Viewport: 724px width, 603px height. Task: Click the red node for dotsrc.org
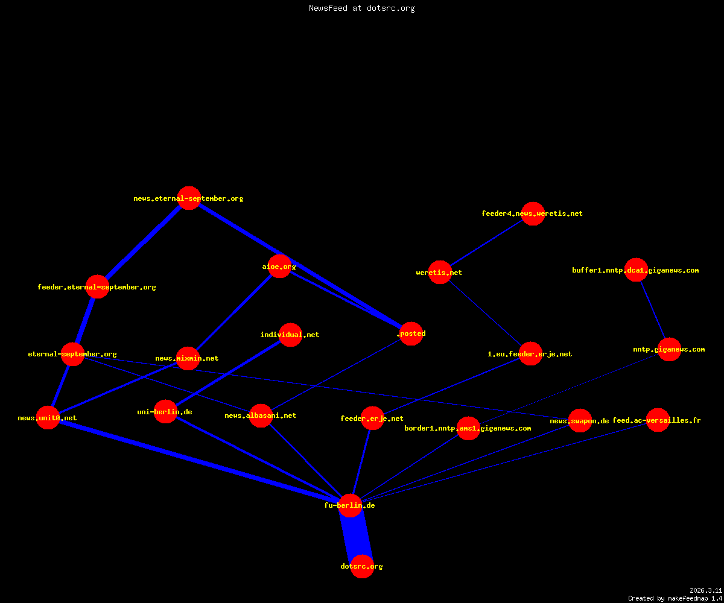pos(362,566)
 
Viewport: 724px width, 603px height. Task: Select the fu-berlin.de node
pos(350,506)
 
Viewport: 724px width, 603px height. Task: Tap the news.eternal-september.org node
pos(189,198)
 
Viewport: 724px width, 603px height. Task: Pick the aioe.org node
pos(279,266)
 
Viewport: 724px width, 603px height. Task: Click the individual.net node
pos(290,335)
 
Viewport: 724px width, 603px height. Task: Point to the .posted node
pos(411,333)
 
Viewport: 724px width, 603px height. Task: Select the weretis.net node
pos(440,273)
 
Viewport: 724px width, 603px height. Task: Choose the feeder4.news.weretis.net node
pos(533,213)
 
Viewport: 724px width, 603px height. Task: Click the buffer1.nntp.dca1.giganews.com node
pos(636,270)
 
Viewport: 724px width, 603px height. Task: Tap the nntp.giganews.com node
pos(669,349)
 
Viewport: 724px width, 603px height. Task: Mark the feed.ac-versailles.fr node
pos(658,420)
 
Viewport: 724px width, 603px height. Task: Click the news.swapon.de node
pos(580,421)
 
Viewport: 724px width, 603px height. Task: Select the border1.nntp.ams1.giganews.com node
pos(468,428)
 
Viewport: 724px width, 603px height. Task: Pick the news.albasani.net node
pos(261,415)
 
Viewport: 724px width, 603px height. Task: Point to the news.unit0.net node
pos(48,418)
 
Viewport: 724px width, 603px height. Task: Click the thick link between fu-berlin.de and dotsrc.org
pos(356,536)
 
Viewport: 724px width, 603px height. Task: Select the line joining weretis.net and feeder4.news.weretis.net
pos(486,243)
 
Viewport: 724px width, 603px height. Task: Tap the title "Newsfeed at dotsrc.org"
pos(361,8)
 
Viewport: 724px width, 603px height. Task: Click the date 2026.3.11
pos(706,590)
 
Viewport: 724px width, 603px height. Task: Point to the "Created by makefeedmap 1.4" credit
pos(675,598)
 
